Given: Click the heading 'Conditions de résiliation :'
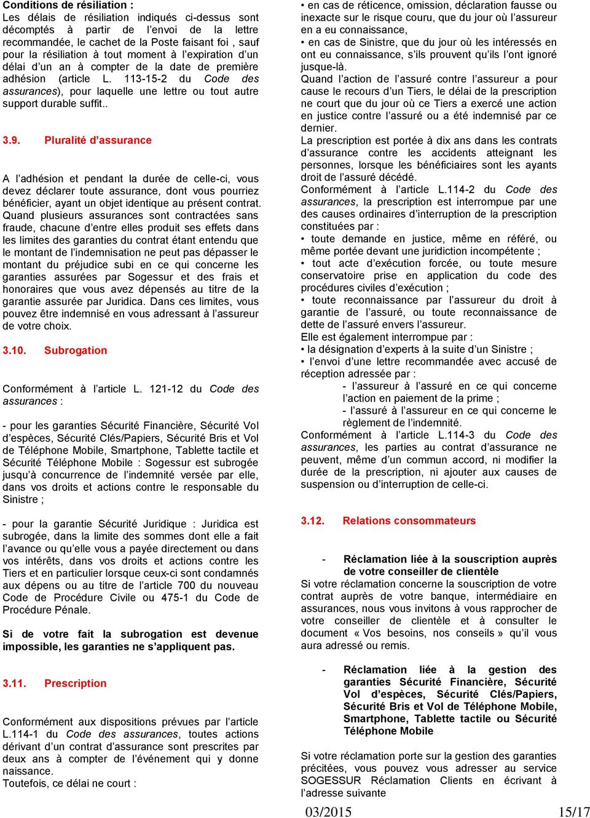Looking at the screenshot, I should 68,5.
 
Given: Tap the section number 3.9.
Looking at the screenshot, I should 12,140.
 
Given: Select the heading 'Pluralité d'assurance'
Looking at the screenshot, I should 98,140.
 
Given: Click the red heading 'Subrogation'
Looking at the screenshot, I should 76,351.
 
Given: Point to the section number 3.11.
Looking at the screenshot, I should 14,683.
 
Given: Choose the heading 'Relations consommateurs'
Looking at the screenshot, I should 409,521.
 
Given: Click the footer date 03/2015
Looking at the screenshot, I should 328,811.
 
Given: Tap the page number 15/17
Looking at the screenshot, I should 573,811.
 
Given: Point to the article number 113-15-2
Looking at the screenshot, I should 145,79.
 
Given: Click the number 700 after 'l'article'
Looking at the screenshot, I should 186,586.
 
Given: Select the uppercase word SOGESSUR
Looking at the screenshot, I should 331,780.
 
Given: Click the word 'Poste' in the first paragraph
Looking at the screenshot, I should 163,42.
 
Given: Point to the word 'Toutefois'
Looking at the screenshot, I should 25,784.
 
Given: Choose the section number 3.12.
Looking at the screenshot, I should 312,521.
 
